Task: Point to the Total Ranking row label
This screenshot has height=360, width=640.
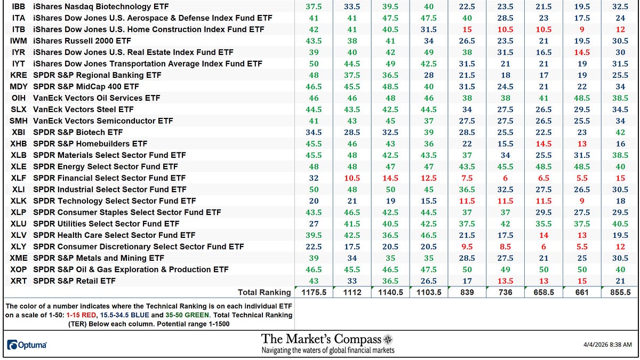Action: click(265, 292)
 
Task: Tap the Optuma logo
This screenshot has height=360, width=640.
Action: click(27, 345)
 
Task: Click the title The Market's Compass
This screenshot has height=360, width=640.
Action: click(321, 339)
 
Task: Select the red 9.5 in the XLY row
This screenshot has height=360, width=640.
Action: click(467, 247)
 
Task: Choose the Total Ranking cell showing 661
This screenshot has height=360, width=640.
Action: click(582, 292)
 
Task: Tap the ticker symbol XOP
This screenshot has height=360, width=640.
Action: click(19, 270)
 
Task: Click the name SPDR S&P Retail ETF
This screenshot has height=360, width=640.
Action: click(74, 281)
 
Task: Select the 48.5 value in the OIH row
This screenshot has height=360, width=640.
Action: click(582, 98)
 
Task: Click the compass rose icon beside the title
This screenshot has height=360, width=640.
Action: click(388, 339)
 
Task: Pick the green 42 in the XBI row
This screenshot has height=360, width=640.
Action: click(620, 132)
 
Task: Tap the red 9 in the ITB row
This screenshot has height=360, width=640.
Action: click(582, 29)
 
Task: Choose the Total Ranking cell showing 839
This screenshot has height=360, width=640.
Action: click(467, 292)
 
